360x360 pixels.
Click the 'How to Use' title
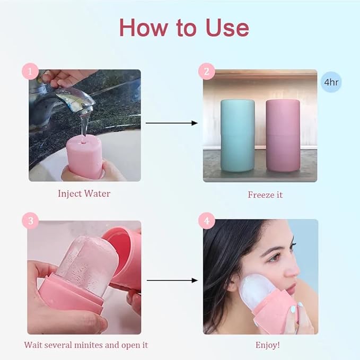(x=183, y=28)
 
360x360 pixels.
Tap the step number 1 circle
(x=30, y=71)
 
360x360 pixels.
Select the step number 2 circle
(x=206, y=71)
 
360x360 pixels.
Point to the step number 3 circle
(x=30, y=221)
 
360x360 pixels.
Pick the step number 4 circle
(x=206, y=221)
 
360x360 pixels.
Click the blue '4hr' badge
(x=331, y=83)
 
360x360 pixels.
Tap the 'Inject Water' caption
(x=84, y=194)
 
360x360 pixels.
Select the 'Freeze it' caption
(x=265, y=195)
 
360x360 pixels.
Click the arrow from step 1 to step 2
(x=171, y=124)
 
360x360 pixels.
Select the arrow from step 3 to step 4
(x=171, y=279)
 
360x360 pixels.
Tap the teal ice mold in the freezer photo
(x=238, y=135)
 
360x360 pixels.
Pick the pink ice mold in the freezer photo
(x=283, y=135)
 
